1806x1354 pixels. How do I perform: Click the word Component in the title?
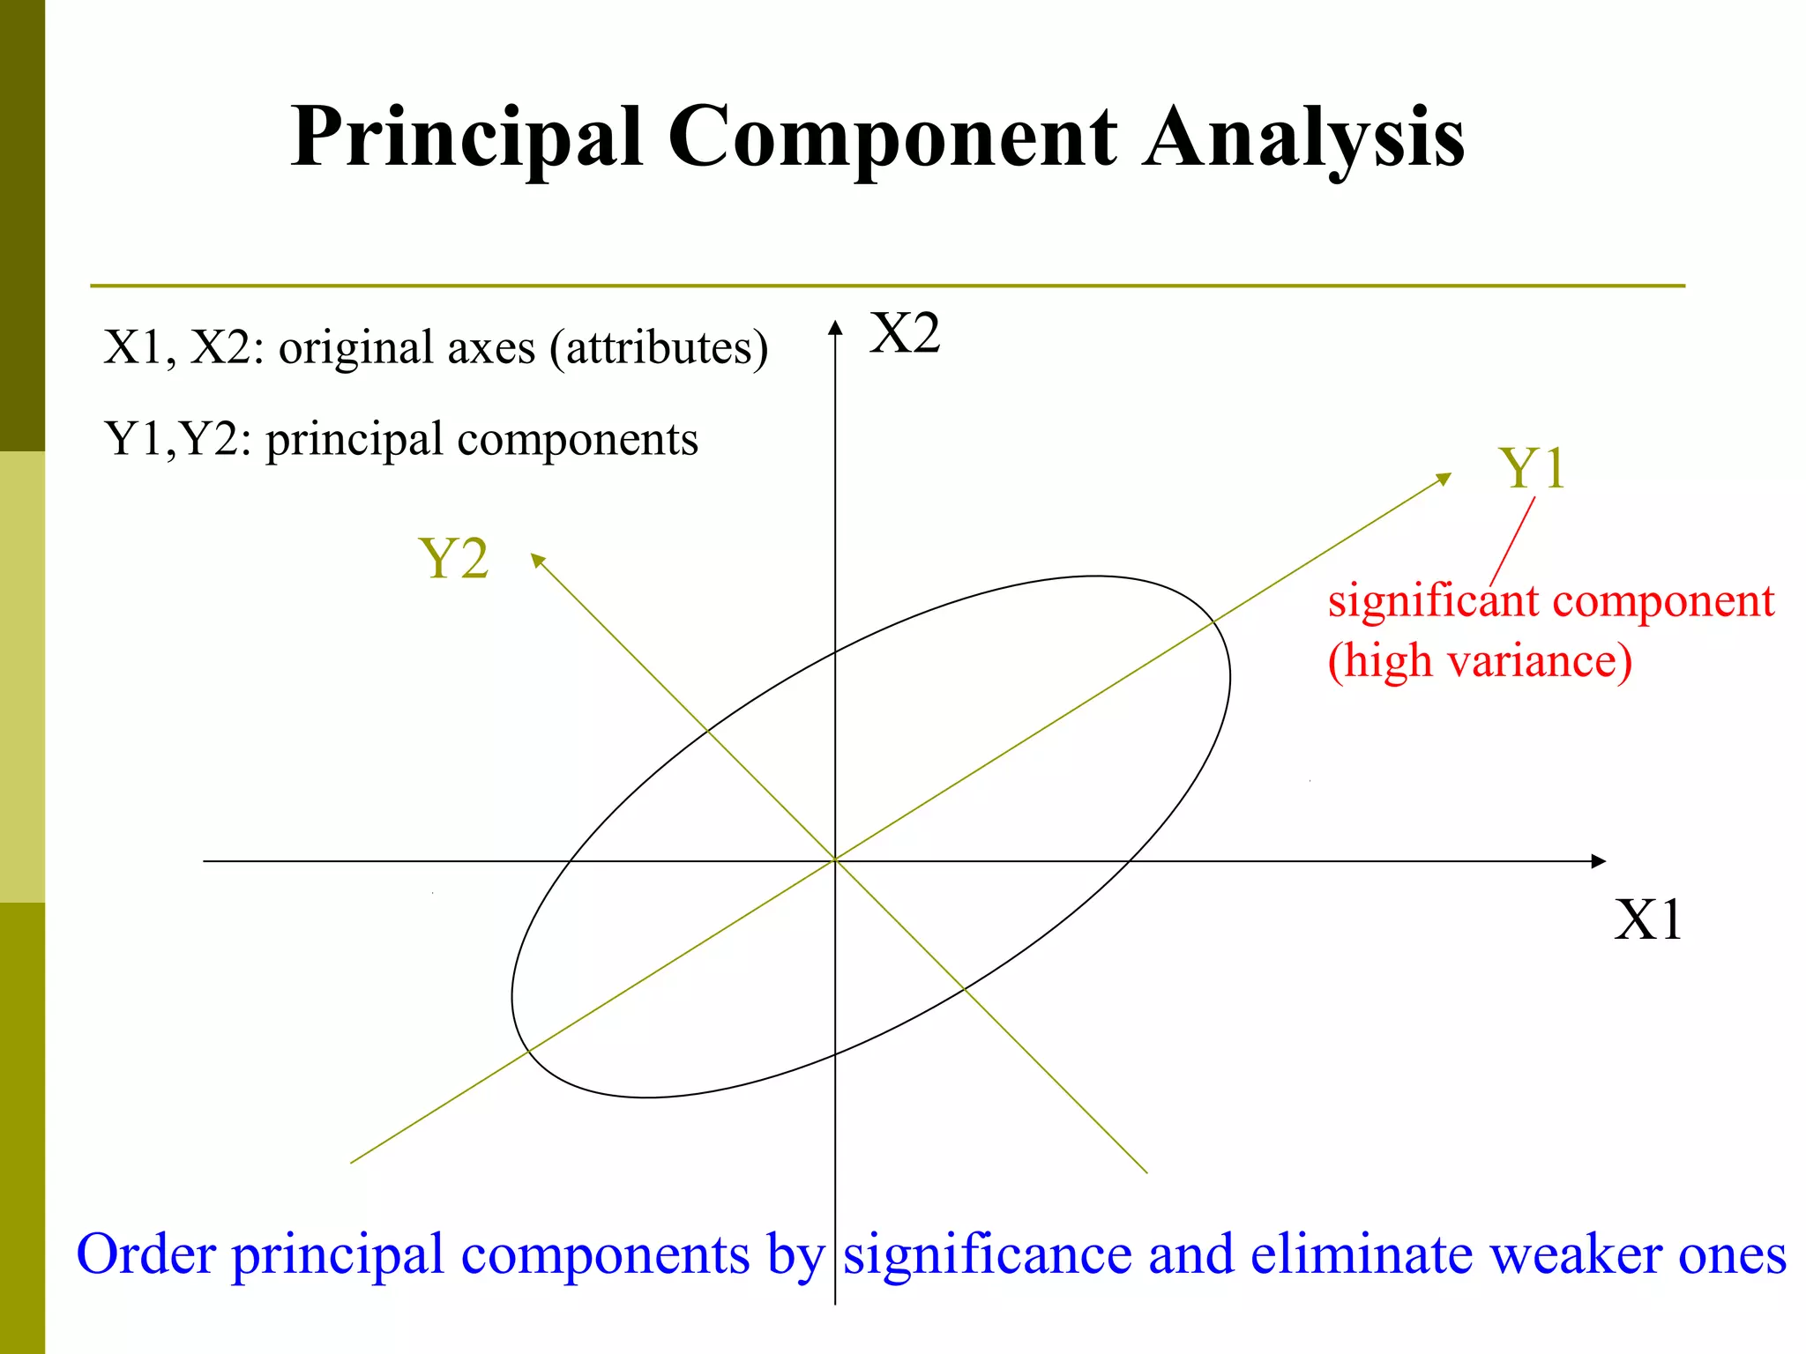(892, 138)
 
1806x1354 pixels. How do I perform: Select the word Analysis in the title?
(1303, 138)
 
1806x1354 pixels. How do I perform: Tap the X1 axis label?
(1647, 920)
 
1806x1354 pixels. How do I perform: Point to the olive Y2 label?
(453, 559)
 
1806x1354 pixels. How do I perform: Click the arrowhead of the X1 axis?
(1598, 861)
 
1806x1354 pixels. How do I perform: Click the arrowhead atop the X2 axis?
(835, 328)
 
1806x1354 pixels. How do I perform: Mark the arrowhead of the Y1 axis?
(1444, 479)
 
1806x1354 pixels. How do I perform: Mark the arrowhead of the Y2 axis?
(538, 560)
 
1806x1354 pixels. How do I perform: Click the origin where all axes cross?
(835, 860)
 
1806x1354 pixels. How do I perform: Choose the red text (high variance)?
(1480, 661)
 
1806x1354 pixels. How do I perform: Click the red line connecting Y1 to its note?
(1513, 539)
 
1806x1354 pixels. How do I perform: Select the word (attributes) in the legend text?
(659, 348)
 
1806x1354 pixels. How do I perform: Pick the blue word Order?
(146, 1254)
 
